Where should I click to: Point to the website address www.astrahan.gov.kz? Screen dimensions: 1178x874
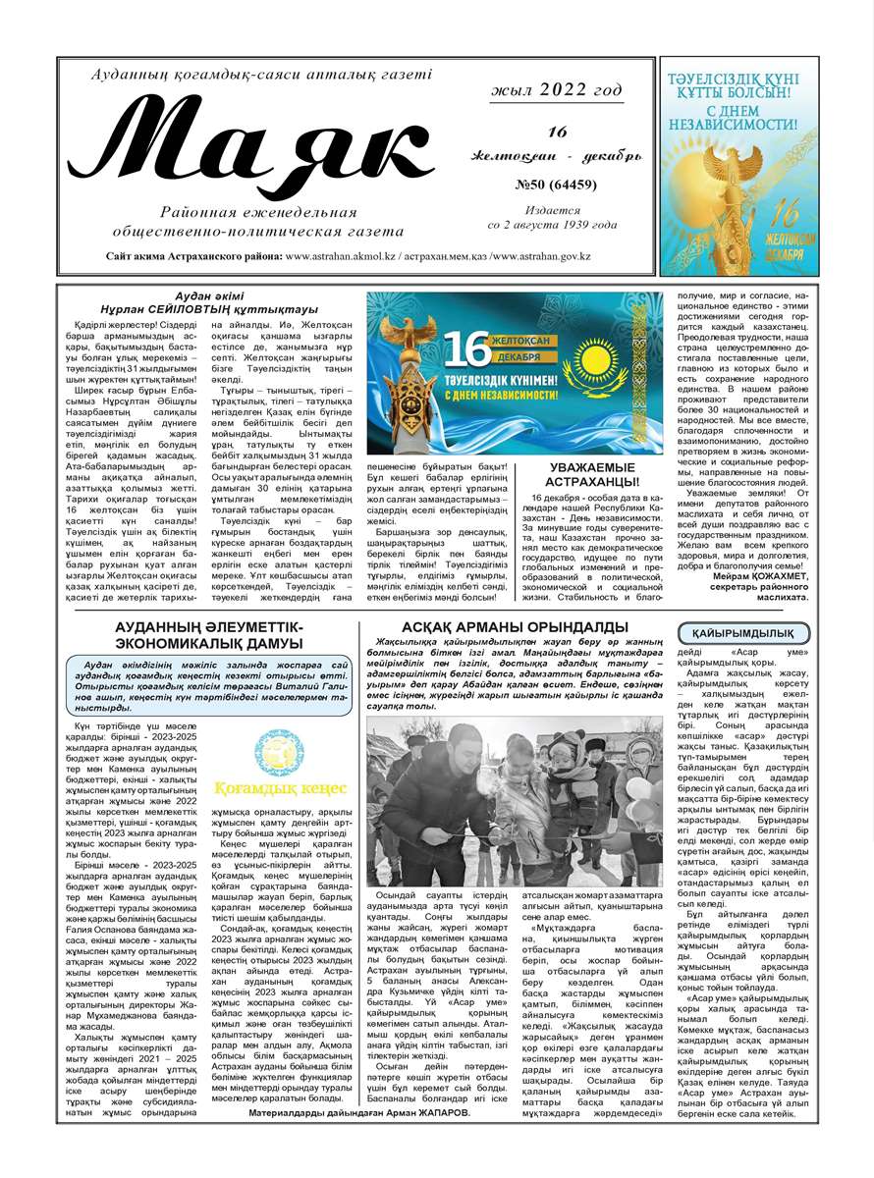pos(542,256)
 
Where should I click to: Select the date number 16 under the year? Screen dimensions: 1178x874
pos(558,132)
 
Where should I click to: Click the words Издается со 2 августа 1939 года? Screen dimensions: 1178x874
pos(553,217)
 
